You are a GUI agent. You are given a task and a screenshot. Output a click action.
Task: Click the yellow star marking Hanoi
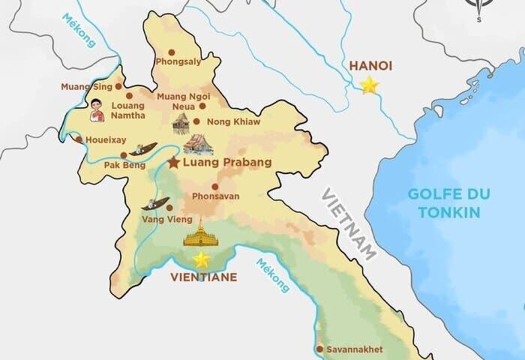click(369, 85)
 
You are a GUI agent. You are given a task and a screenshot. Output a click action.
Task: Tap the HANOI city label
click(370, 66)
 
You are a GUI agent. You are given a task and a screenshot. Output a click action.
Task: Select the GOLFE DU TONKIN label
click(448, 202)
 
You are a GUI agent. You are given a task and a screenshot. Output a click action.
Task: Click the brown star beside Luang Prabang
click(174, 163)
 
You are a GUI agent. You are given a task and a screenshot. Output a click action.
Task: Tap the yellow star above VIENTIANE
click(201, 259)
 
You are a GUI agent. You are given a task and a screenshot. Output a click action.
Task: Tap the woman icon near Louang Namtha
click(96, 112)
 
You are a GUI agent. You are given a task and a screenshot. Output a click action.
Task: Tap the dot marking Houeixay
click(77, 139)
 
